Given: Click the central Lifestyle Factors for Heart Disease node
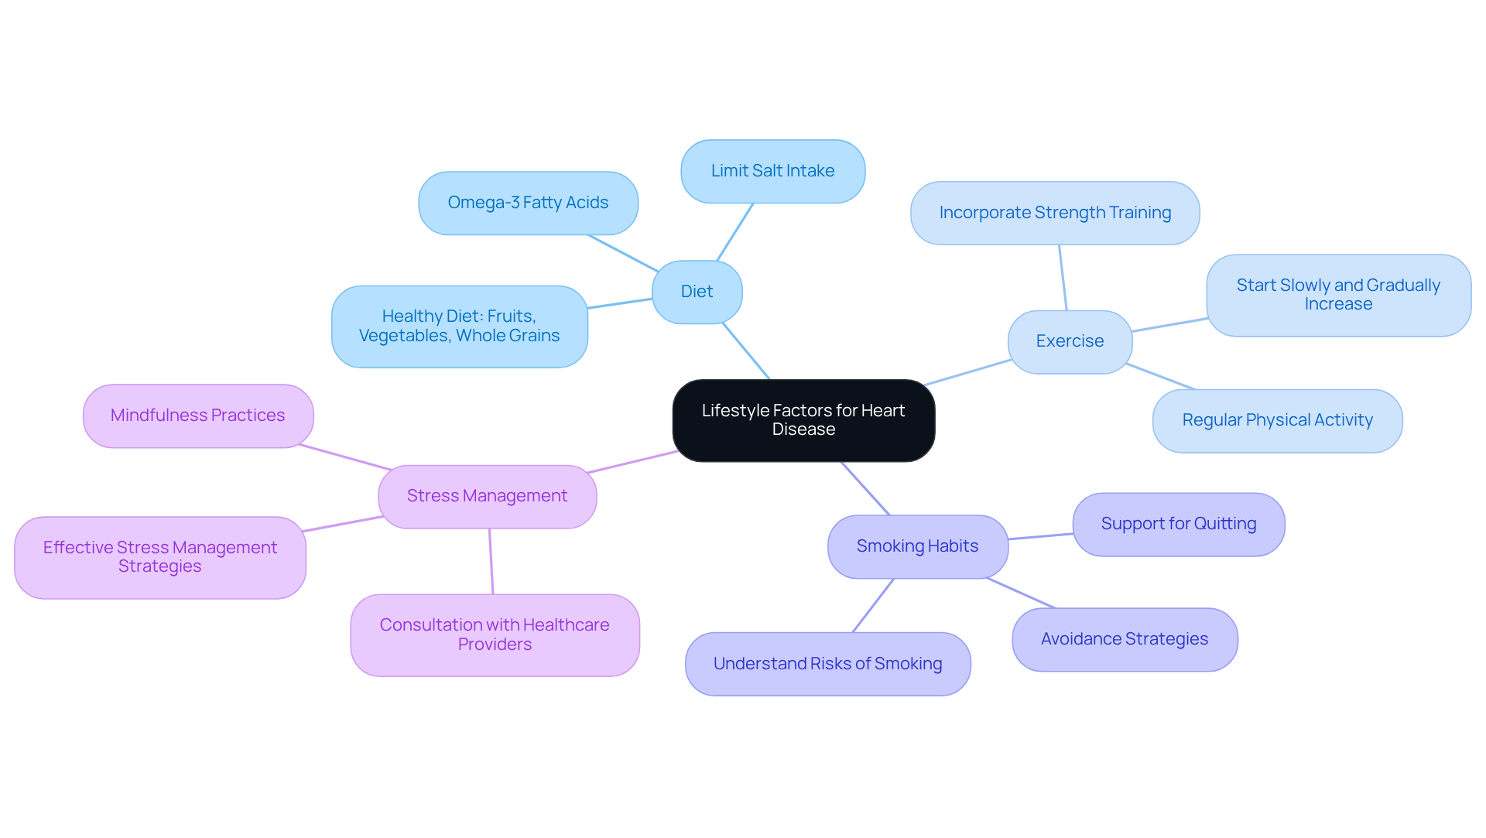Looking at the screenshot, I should coord(803,420).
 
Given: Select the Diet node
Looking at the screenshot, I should coord(697,292).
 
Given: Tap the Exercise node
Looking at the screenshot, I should coord(1070,341).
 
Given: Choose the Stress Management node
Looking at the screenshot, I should coord(487,496).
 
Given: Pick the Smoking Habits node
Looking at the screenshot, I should coord(917,546).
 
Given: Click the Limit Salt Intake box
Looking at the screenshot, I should coord(772,171).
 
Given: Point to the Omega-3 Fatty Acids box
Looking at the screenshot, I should coord(528,203).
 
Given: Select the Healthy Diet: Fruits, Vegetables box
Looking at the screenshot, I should coord(459,326).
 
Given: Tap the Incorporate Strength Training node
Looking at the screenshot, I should coord(1055,213).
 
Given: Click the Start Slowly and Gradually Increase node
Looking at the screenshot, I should coord(1338,295).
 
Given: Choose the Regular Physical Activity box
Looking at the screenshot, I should coord(1277,420).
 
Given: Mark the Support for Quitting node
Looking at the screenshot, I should coord(1178,524).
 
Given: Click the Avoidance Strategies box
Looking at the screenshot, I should coord(1124,639).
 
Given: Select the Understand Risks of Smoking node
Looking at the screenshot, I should coord(827,664).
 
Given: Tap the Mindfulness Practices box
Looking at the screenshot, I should coord(197,416).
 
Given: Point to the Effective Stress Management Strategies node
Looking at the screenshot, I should coord(159,557).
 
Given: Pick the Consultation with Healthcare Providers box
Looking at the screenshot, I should coord(495,634).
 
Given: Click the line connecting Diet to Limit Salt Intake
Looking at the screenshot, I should coord(735,231).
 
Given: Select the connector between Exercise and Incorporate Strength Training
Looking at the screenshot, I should coord(1063,278).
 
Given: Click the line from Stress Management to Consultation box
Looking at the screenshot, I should coord(491,561).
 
